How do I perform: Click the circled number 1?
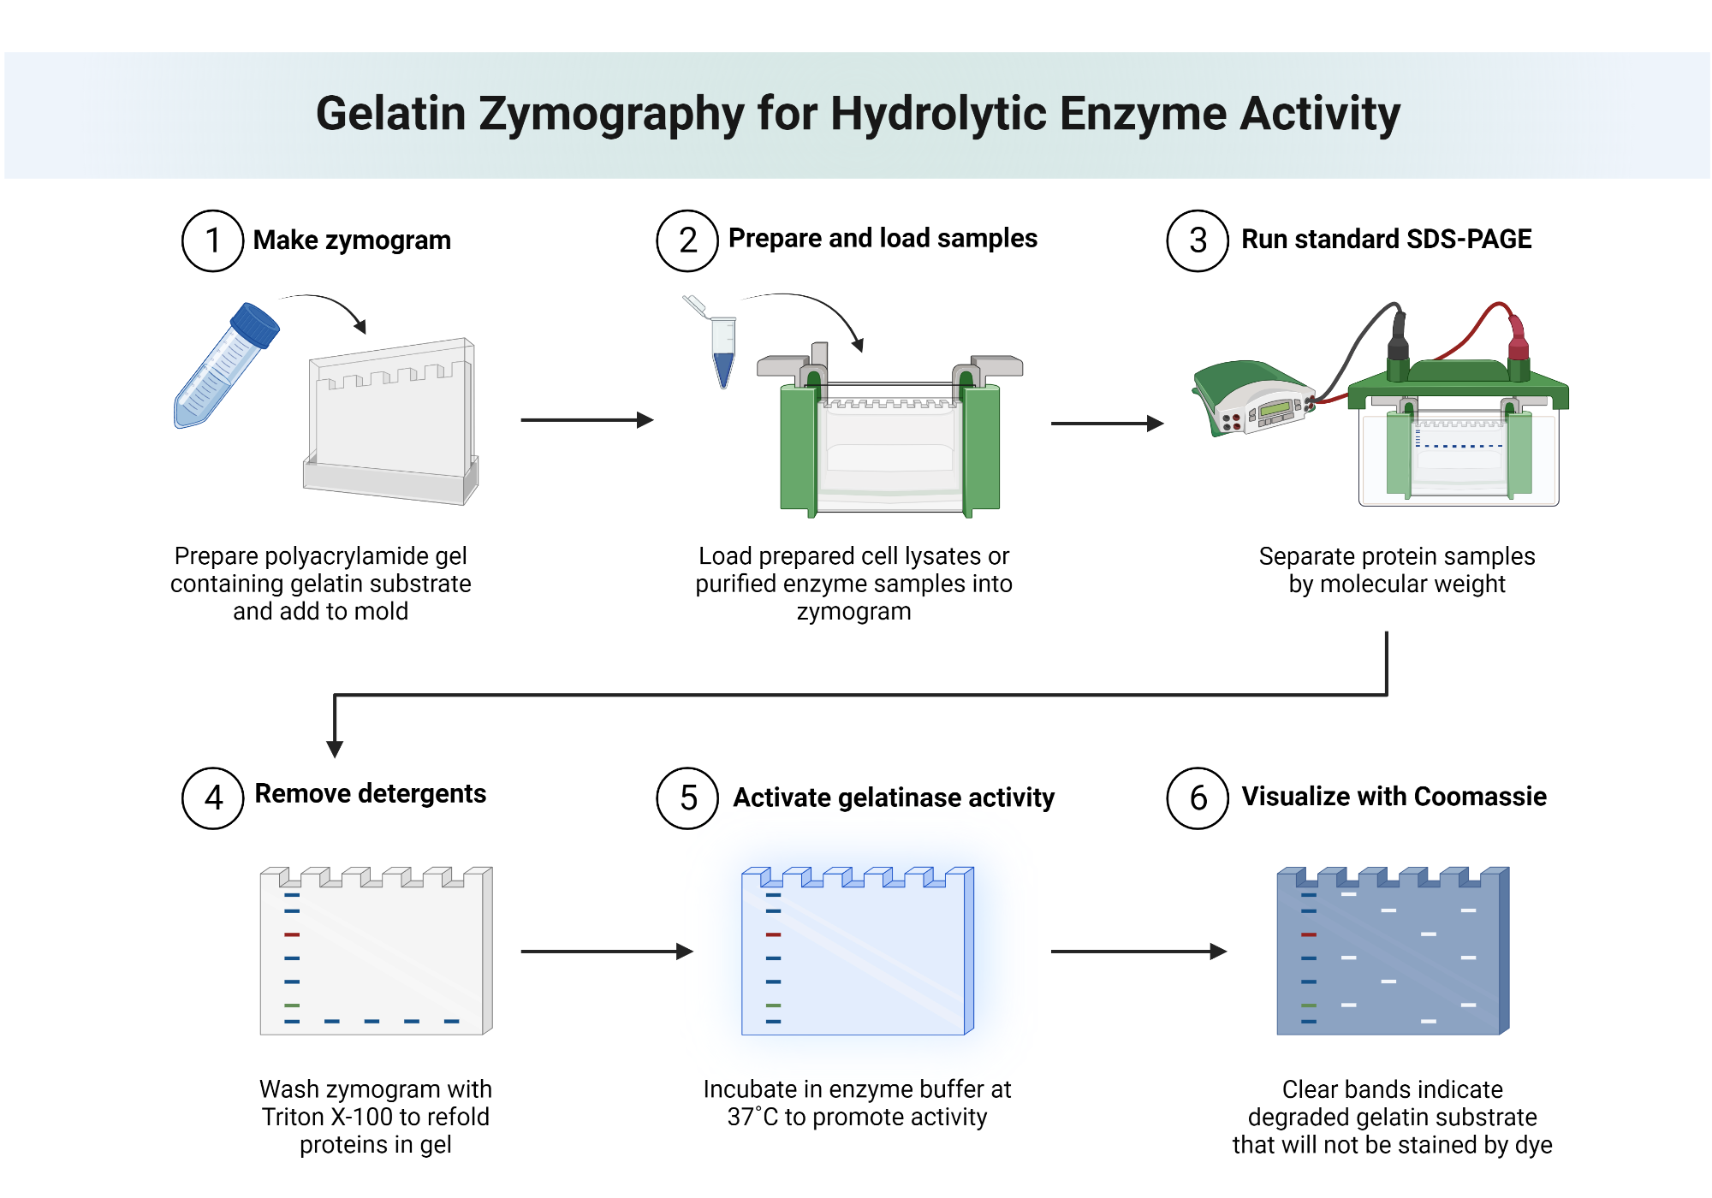point(213,240)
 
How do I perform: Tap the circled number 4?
point(213,798)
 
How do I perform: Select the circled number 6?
point(1198,798)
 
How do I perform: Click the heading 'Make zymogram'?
point(352,240)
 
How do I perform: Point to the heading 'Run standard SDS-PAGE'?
point(1386,239)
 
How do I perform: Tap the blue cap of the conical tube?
point(255,324)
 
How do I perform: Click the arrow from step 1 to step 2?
point(586,420)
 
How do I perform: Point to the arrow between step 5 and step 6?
point(1138,951)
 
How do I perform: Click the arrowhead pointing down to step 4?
point(335,748)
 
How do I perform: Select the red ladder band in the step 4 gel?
point(292,934)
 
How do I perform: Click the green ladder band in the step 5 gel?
point(773,1005)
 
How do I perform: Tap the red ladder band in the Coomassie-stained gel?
point(1308,934)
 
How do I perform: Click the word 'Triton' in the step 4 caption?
point(293,1117)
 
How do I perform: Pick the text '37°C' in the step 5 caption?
point(753,1117)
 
